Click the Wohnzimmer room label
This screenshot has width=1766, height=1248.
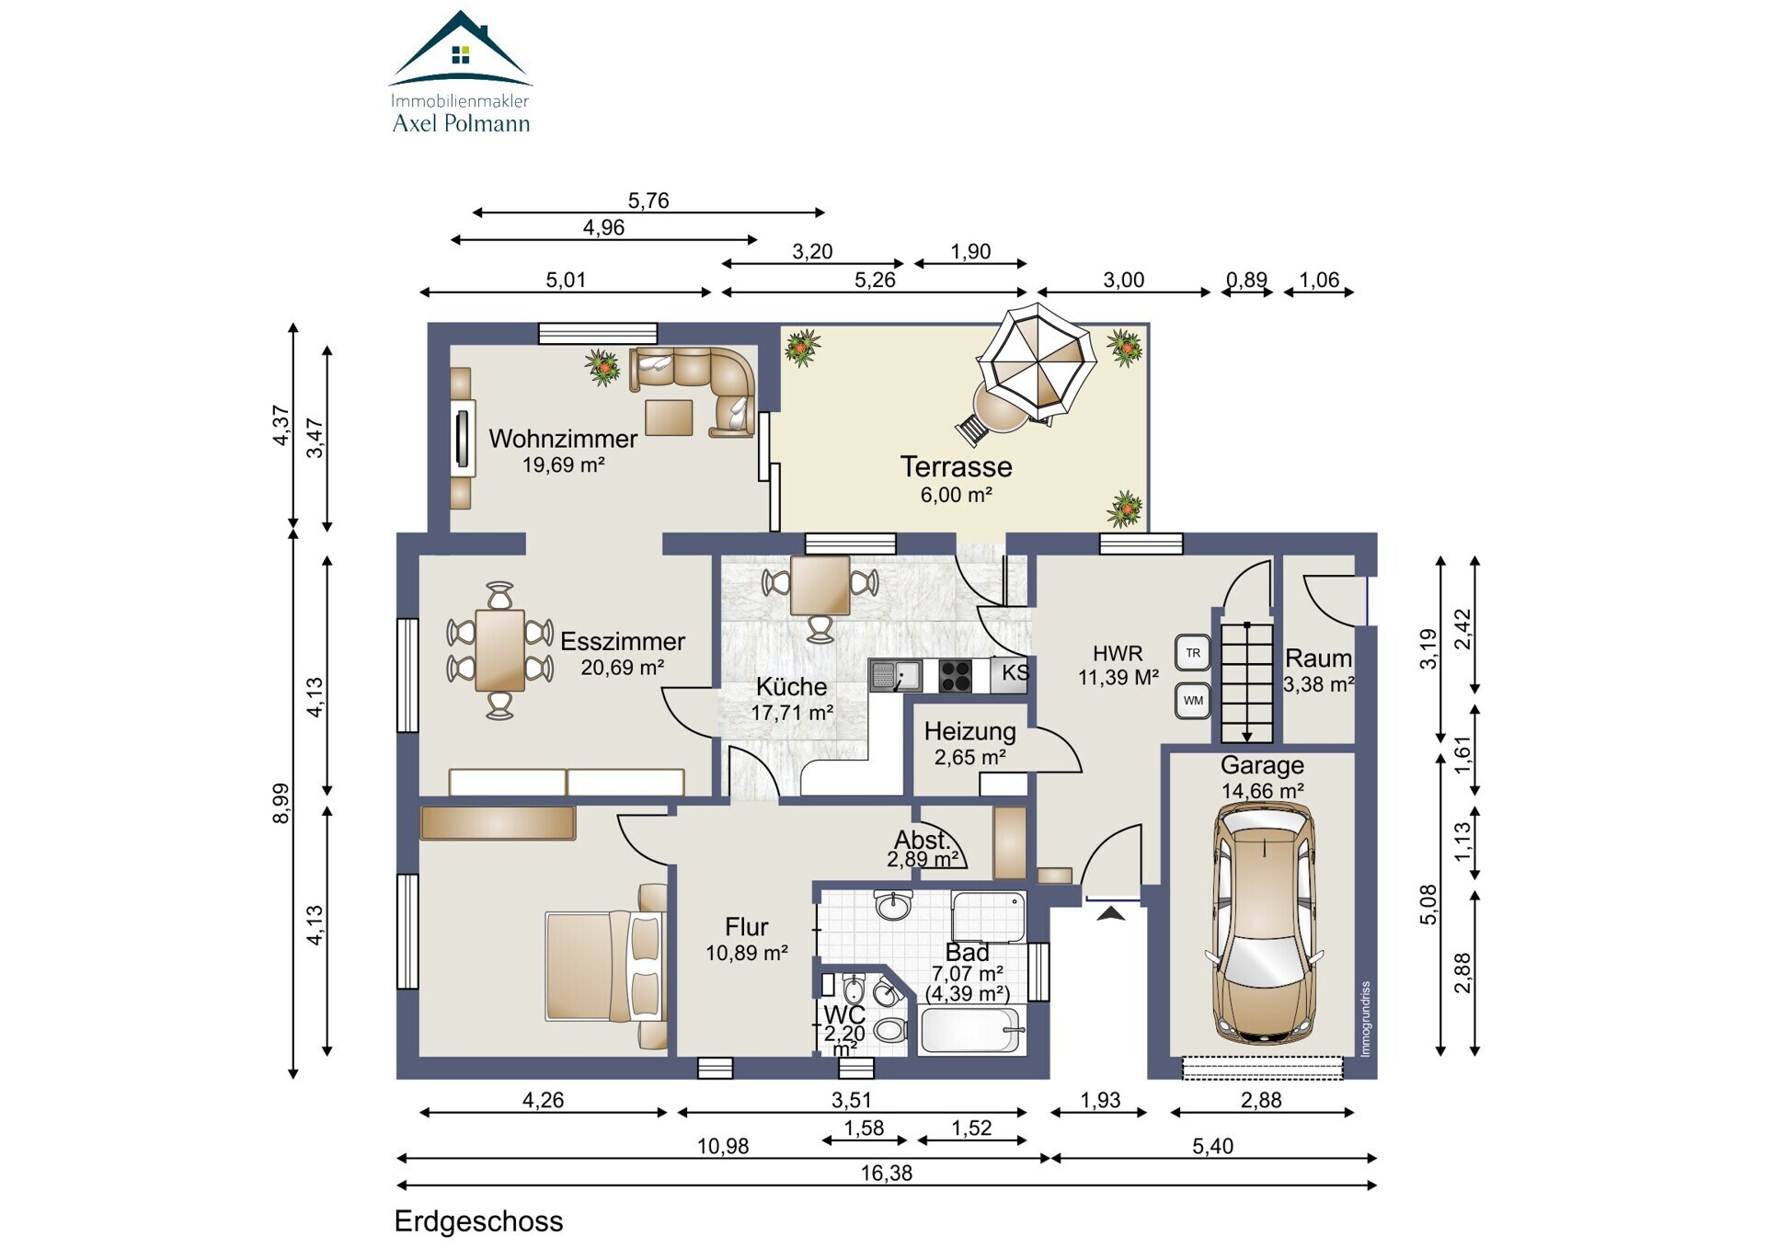[563, 439]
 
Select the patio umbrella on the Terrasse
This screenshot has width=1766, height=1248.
[1036, 361]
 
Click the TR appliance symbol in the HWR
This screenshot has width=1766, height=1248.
[1193, 653]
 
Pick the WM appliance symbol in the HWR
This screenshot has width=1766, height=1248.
[1193, 701]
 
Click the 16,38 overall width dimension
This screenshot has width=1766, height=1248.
[887, 1173]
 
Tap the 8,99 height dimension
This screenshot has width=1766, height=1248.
[281, 803]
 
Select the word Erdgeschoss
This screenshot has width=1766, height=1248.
[478, 1221]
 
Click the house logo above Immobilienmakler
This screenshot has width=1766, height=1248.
[461, 48]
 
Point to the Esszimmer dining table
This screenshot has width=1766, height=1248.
[500, 650]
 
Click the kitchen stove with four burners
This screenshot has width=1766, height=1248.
[955, 676]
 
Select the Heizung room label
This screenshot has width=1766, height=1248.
[970, 732]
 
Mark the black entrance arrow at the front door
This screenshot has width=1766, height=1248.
[1111, 913]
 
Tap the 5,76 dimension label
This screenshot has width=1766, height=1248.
[648, 200]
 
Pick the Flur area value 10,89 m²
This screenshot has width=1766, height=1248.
[747, 954]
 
